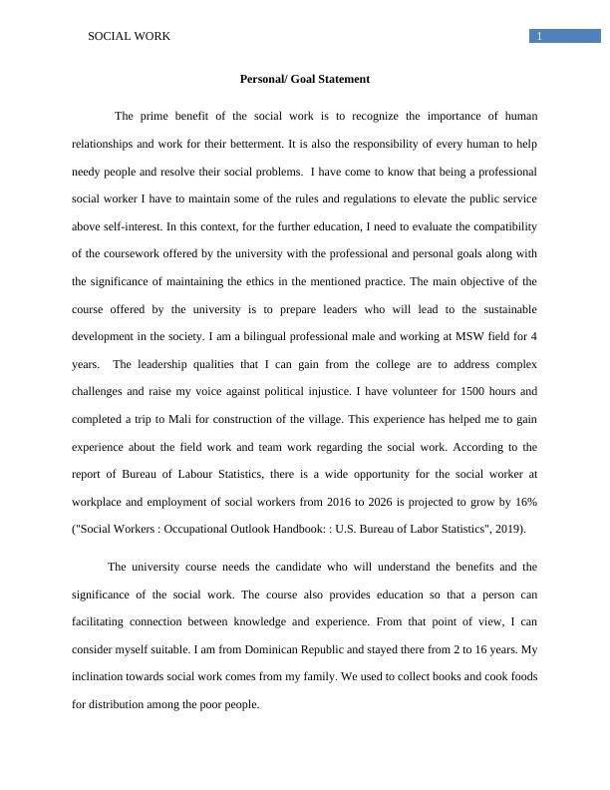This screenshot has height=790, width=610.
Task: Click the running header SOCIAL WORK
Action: pyautogui.click(x=130, y=37)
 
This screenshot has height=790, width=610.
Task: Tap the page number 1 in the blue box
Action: pyautogui.click(x=539, y=37)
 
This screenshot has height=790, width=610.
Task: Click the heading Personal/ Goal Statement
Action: pyautogui.click(x=305, y=79)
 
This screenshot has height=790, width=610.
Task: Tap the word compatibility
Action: pyautogui.click(x=503, y=226)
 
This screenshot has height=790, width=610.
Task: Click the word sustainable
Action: pyautogui.click(x=496, y=309)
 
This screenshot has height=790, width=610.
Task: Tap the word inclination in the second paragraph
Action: pyautogui.click(x=103, y=676)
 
